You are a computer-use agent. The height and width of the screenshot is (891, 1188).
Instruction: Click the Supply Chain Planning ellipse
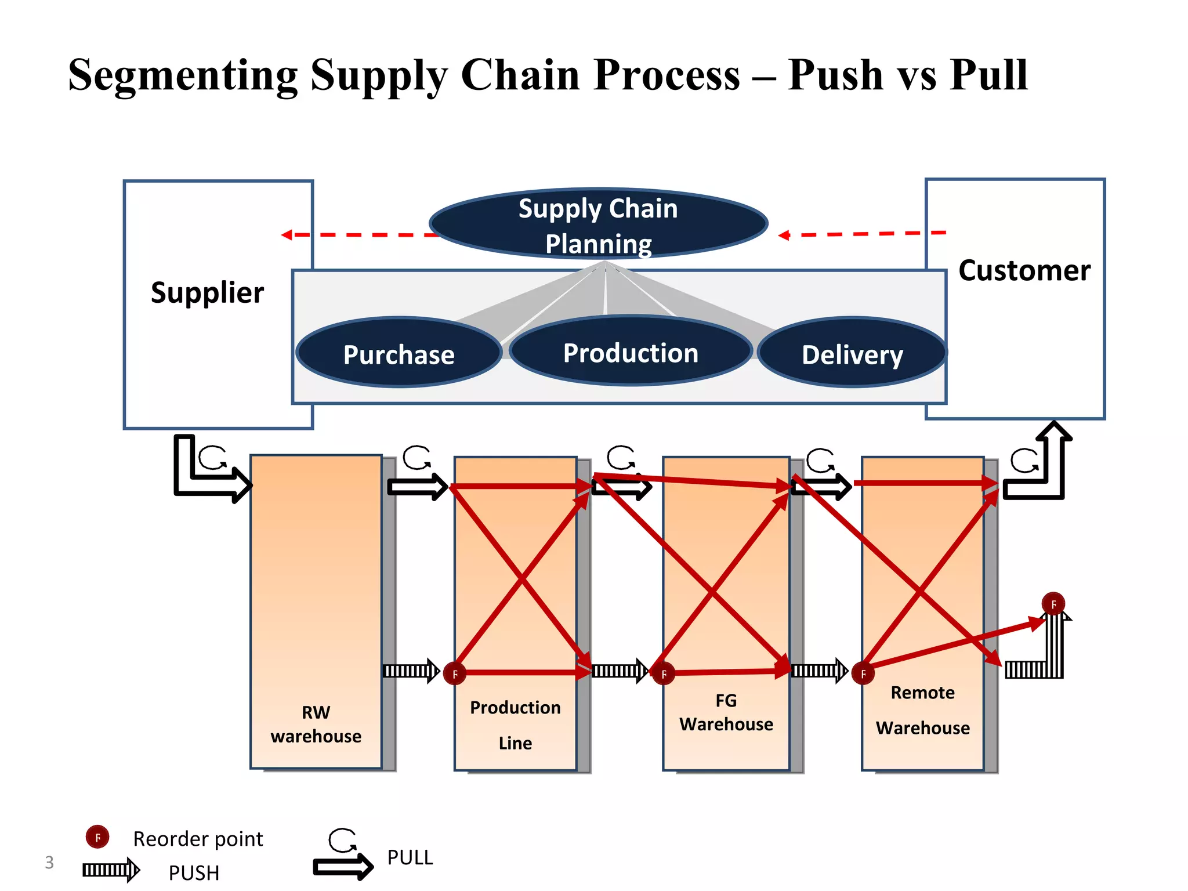click(x=598, y=224)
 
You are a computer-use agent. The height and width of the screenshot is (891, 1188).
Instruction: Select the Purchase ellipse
click(x=399, y=353)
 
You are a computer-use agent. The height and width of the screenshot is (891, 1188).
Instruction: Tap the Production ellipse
click(x=631, y=352)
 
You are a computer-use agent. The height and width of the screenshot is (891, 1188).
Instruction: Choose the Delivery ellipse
click(x=852, y=353)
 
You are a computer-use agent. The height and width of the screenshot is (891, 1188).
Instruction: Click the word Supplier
click(x=207, y=293)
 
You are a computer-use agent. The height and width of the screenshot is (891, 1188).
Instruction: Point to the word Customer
click(x=1024, y=271)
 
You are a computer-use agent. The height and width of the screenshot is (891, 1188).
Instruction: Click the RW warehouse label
click(x=316, y=725)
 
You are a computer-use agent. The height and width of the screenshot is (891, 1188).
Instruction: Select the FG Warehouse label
click(x=726, y=713)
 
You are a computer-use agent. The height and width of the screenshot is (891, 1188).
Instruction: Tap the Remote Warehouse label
click(x=922, y=710)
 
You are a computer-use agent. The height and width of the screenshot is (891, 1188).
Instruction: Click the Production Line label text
click(x=515, y=725)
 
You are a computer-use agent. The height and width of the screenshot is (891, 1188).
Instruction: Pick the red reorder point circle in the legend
click(x=97, y=837)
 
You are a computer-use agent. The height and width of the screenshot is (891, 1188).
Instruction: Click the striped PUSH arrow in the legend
click(x=111, y=870)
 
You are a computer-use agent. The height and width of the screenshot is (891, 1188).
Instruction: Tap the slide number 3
click(x=49, y=863)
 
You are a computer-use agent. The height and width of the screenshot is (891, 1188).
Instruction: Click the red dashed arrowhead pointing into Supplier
click(x=287, y=235)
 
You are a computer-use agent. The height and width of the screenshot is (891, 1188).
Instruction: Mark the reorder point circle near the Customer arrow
click(x=1053, y=604)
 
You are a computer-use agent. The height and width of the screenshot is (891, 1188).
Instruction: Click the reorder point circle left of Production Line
click(x=455, y=673)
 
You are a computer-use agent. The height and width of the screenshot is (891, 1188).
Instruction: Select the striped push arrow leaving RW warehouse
click(x=411, y=671)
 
